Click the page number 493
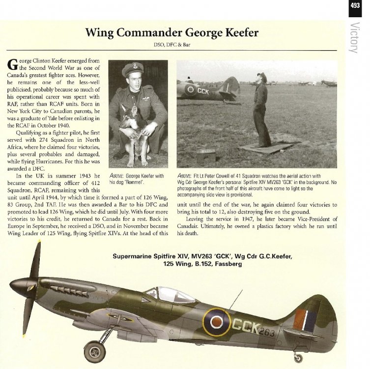[x=355, y=6]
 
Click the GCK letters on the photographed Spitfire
[x=203, y=91]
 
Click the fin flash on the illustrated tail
[x=306, y=320]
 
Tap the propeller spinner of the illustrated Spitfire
[x=21, y=284]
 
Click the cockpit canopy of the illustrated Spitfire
[x=170, y=294]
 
